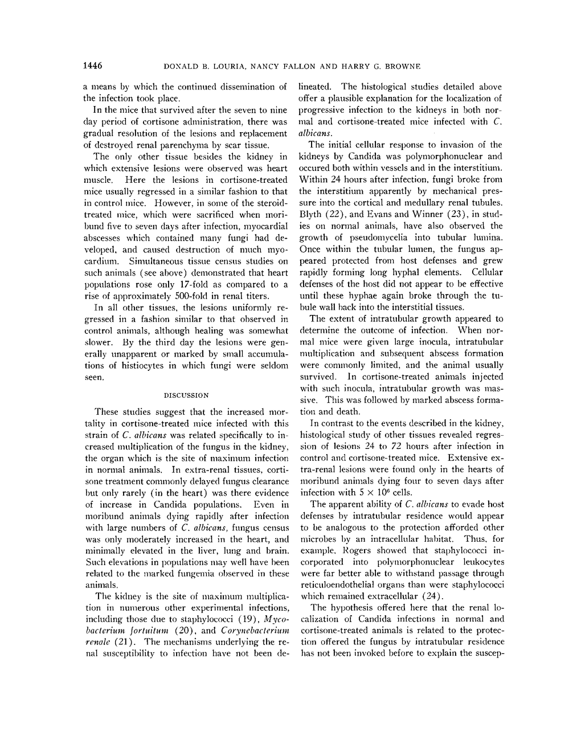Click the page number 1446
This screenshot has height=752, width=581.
(x=92, y=66)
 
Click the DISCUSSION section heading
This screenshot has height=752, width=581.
(x=186, y=395)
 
